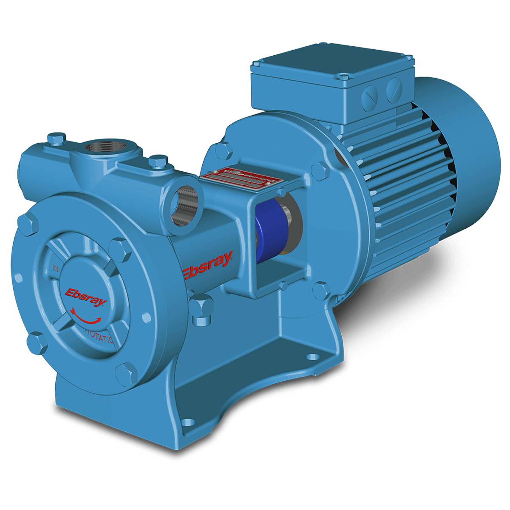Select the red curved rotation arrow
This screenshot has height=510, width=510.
(87, 317)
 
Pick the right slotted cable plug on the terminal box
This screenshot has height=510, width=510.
(393, 89)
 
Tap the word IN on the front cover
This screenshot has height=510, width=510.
(55, 268)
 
